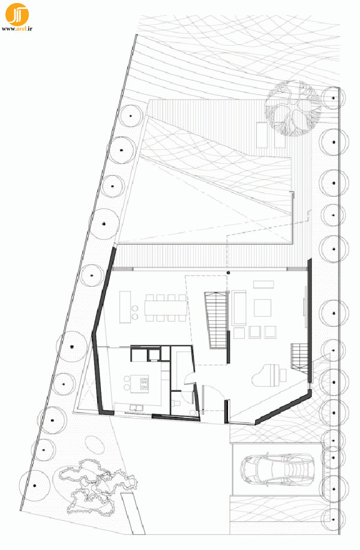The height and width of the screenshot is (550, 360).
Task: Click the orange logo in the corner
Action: coord(17,14)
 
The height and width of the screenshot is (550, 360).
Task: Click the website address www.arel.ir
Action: coord(17,29)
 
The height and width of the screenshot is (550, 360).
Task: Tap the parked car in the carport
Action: coord(277,470)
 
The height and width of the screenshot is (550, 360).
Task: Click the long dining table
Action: coord(166,308)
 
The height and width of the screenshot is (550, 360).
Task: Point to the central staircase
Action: coord(215,320)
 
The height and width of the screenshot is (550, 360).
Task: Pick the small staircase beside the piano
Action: coord(299,356)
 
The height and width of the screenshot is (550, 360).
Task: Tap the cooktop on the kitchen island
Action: coord(144,384)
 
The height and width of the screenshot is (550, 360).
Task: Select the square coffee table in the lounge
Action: coord(262,308)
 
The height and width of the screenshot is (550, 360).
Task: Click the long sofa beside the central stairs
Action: coord(239,308)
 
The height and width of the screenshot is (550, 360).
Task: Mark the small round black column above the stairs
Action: coord(228,272)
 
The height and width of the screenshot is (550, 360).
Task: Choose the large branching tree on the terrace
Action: coord(293,109)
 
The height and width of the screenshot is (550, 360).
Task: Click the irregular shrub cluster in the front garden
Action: coord(97,488)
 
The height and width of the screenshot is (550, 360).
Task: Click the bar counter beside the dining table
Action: coord(125,307)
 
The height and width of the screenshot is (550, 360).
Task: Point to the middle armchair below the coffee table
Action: coord(255,332)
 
